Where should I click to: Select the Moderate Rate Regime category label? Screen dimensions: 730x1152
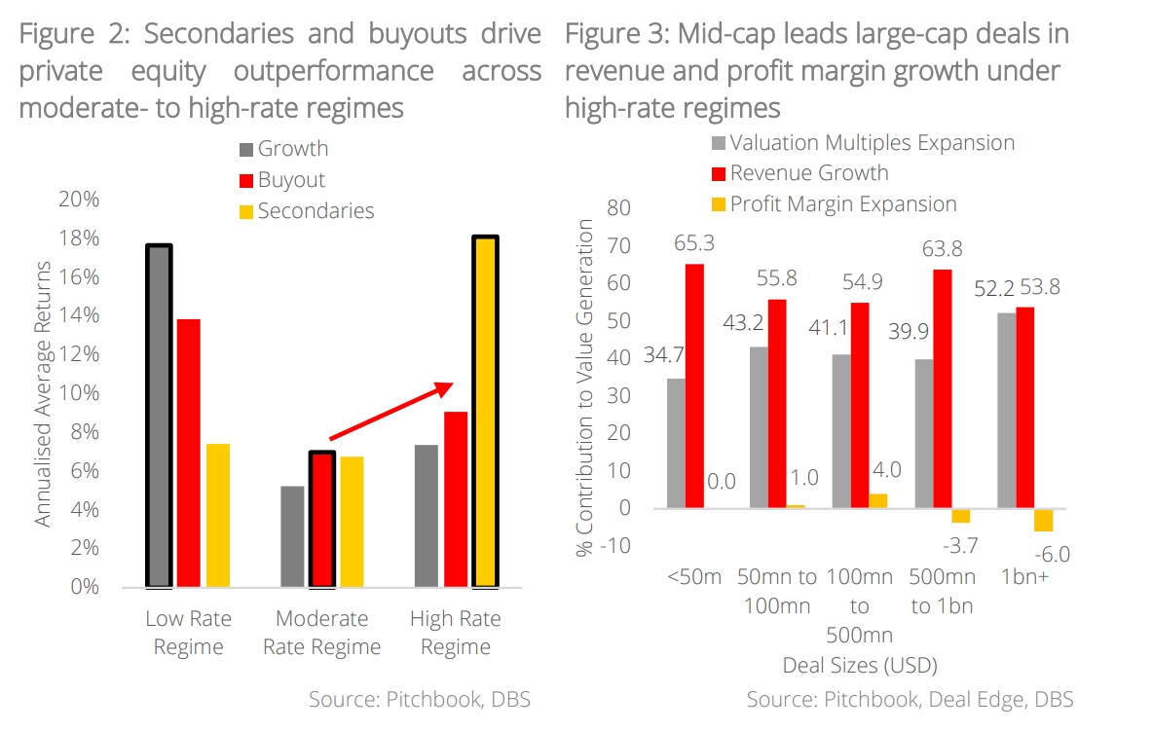point(321,633)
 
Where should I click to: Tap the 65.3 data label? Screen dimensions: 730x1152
point(694,243)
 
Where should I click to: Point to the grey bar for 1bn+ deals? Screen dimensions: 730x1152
point(1006,410)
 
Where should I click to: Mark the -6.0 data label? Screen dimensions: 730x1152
point(1051,555)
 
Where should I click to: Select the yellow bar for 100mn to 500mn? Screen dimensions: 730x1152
point(878,500)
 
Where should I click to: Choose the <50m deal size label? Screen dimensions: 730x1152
point(693,576)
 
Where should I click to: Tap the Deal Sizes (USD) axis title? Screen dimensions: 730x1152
point(859,667)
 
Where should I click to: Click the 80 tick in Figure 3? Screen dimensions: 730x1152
point(618,208)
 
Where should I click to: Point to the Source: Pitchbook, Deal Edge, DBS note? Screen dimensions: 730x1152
point(910,699)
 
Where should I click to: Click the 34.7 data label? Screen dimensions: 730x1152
point(664,356)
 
